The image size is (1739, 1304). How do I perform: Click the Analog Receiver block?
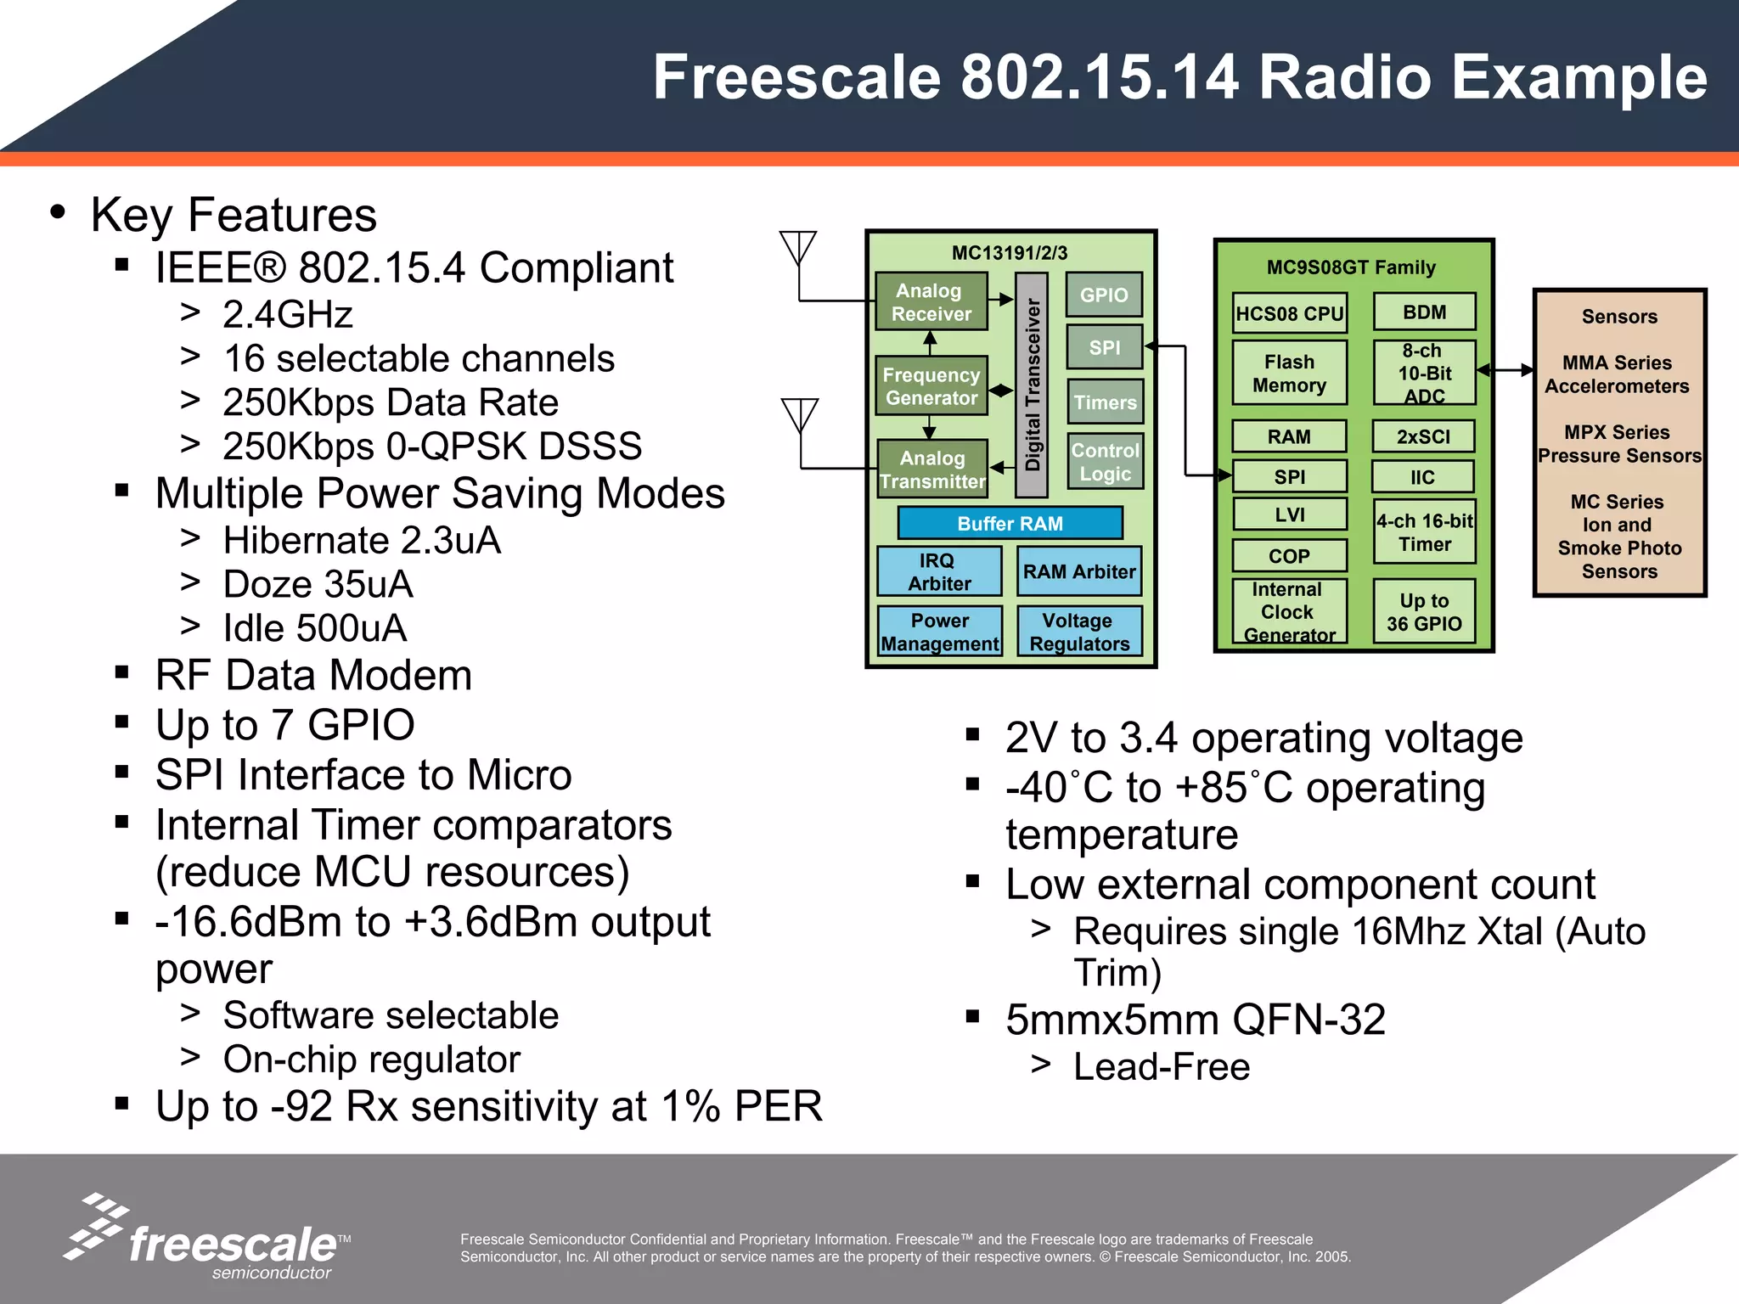[931, 301]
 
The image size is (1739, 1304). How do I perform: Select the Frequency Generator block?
[931, 386]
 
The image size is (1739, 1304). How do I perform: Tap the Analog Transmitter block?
[932, 469]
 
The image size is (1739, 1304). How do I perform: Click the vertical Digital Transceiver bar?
[1032, 385]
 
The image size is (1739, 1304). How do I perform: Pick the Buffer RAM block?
[1010, 523]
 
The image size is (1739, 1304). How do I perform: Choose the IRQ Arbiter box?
[939, 571]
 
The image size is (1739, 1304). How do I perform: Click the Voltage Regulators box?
[1079, 632]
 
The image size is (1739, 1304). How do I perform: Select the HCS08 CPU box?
[1289, 313]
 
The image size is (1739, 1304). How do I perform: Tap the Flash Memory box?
[1289, 374]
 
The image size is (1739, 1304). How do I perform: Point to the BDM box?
[1424, 312]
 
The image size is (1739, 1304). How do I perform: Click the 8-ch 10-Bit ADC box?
[1424, 373]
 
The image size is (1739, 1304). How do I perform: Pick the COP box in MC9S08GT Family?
[1289, 556]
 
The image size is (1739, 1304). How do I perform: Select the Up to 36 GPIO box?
[1424, 611]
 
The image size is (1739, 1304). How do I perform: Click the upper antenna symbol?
[798, 248]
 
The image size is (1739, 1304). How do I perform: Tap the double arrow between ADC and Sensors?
[1505, 370]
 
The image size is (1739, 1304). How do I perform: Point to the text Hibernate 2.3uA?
[362, 540]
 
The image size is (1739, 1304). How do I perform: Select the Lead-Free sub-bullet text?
[1161, 1066]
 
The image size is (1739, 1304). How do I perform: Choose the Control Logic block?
[1105, 462]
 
